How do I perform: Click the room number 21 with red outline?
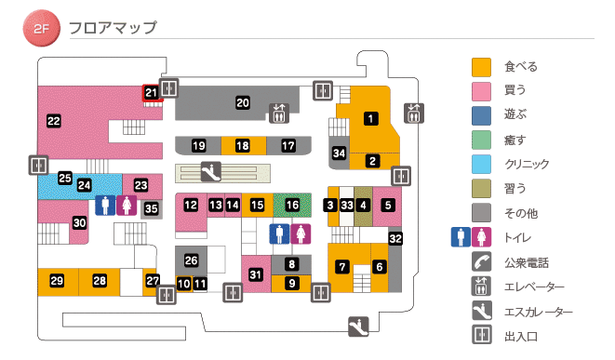pyautogui.click(x=151, y=93)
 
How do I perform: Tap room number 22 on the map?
pyautogui.click(x=54, y=120)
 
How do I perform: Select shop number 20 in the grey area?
pyautogui.click(x=243, y=102)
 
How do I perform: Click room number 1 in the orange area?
pyautogui.click(x=371, y=118)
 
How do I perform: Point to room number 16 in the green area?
pyautogui.click(x=293, y=205)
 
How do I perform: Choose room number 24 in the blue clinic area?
pyautogui.click(x=84, y=185)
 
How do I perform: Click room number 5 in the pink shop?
pyautogui.click(x=389, y=205)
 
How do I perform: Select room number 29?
pyautogui.click(x=57, y=281)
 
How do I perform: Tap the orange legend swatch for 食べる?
pyautogui.click(x=481, y=67)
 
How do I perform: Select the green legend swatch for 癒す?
pyautogui.click(x=481, y=140)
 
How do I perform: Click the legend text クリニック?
pyautogui.click(x=527, y=164)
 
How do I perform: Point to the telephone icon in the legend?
pyautogui.click(x=481, y=261)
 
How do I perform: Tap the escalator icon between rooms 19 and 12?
pyautogui.click(x=210, y=171)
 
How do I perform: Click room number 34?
pyautogui.click(x=340, y=153)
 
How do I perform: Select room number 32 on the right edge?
pyautogui.click(x=395, y=239)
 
